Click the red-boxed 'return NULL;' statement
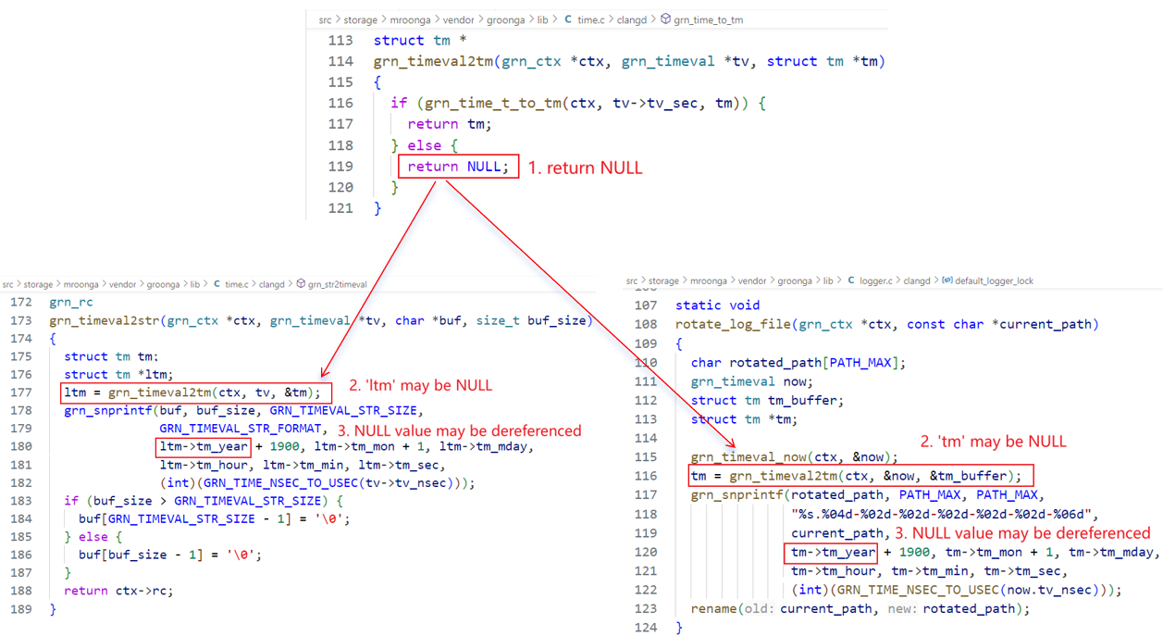(458, 167)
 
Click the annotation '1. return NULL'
(585, 168)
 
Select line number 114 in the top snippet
(340, 61)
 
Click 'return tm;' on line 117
(450, 124)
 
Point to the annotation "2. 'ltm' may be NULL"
(420, 385)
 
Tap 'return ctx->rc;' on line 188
(118, 591)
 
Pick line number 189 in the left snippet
(21, 609)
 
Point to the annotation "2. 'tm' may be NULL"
(993, 442)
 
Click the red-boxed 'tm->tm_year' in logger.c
(833, 553)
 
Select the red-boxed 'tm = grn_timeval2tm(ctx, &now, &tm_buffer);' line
(860, 476)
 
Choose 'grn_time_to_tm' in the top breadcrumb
(708, 19)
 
